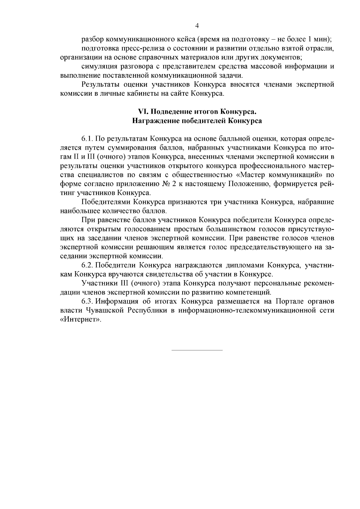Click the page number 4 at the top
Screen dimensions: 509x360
pyautogui.click(x=197, y=26)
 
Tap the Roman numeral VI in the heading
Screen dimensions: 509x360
pyautogui.click(x=142, y=112)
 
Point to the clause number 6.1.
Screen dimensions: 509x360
pyautogui.click(x=87, y=139)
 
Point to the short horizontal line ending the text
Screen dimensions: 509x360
pyautogui.click(x=197, y=350)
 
